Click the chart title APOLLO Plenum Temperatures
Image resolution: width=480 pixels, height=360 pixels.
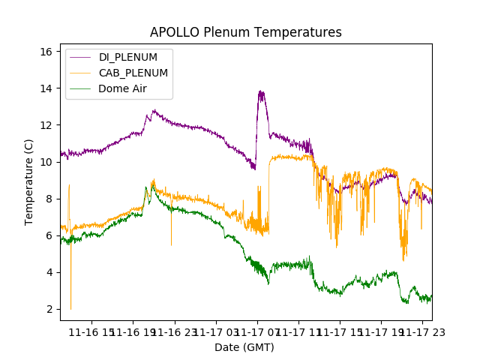(245, 32)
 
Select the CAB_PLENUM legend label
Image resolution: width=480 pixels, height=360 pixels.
(133, 73)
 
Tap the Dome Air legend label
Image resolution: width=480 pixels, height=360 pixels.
(122, 88)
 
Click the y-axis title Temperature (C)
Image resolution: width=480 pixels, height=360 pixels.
(29, 181)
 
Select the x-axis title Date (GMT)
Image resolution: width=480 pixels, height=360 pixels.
(244, 347)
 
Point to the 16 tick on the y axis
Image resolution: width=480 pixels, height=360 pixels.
(46, 52)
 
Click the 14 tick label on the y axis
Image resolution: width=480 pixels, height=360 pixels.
(46, 88)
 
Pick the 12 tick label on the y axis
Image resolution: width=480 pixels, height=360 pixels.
(46, 125)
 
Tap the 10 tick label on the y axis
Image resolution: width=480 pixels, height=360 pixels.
(46, 162)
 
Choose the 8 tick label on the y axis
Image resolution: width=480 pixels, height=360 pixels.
(49, 199)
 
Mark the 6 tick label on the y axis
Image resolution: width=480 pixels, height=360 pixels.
(49, 235)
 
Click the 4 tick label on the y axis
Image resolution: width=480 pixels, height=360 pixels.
(49, 272)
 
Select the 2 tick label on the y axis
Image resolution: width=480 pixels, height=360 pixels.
(49, 309)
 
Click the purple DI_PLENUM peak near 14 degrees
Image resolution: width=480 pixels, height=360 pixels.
(261, 92)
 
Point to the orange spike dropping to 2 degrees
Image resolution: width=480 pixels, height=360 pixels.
(71, 307)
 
